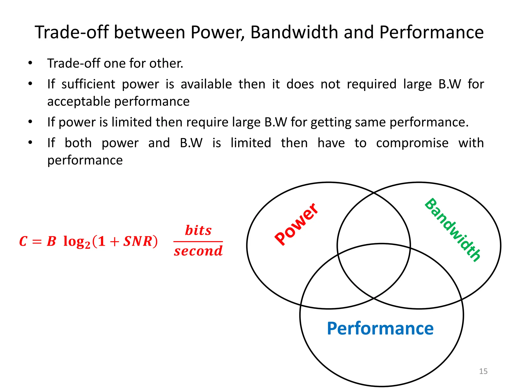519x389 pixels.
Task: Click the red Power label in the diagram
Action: [x=296, y=224]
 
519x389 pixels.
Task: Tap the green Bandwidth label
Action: [x=453, y=229]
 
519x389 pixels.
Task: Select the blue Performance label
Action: [x=380, y=328]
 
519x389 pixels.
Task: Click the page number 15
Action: [x=483, y=371]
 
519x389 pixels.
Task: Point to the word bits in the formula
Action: [x=198, y=230]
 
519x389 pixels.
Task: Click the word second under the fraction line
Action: [x=198, y=251]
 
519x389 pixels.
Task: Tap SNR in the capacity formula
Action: [x=138, y=241]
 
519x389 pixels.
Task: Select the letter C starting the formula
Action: [x=23, y=241]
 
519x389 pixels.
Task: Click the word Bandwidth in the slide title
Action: [x=294, y=32]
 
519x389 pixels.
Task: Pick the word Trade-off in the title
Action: [x=71, y=32]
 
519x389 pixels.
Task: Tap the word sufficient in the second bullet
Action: [x=88, y=84]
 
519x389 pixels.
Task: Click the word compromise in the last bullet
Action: [x=412, y=143]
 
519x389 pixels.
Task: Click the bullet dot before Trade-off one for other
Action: [x=30, y=63]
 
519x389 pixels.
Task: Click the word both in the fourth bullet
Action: [x=78, y=143]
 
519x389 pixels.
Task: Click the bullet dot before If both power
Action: [x=30, y=143]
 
